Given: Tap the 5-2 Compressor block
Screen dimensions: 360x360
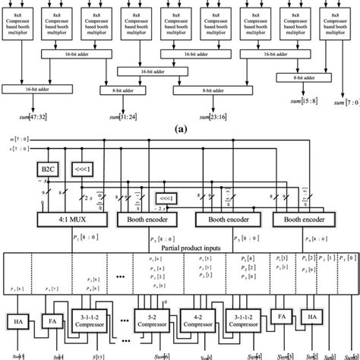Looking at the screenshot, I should tap(151, 317).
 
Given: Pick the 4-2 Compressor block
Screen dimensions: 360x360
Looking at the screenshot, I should tap(199, 317).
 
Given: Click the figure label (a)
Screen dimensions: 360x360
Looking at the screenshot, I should tap(179, 129).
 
